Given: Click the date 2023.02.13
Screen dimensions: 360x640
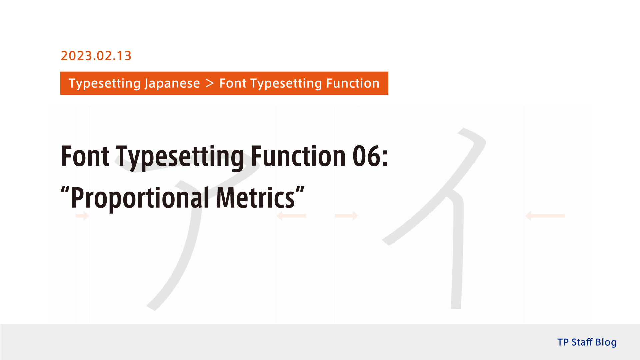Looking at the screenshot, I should (96, 56).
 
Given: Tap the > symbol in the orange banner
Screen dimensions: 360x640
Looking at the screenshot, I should (210, 83).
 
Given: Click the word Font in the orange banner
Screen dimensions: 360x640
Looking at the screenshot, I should (232, 83).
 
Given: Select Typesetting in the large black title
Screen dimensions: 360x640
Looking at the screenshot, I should (180, 157).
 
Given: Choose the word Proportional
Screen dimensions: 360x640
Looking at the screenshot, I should (140, 198).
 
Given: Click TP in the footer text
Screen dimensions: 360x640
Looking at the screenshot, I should (563, 342).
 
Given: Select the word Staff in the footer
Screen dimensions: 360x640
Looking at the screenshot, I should (582, 342).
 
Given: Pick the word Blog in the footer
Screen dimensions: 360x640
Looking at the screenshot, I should (606, 342).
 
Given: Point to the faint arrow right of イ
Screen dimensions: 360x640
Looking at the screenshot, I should (545, 216).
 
